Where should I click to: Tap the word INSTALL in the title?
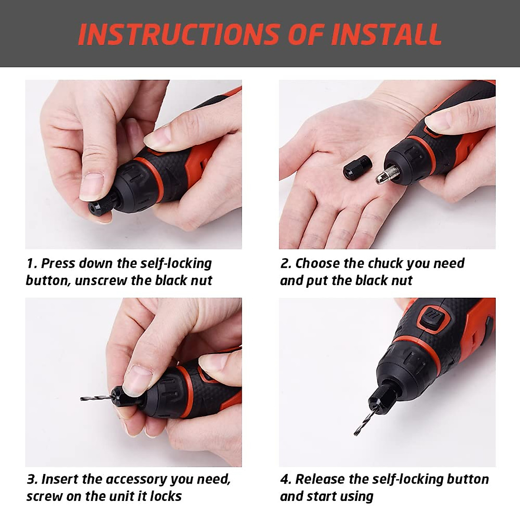point(387,34)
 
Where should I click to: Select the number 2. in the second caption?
point(286,263)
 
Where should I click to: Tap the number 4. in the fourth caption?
point(286,479)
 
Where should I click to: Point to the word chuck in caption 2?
point(387,263)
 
